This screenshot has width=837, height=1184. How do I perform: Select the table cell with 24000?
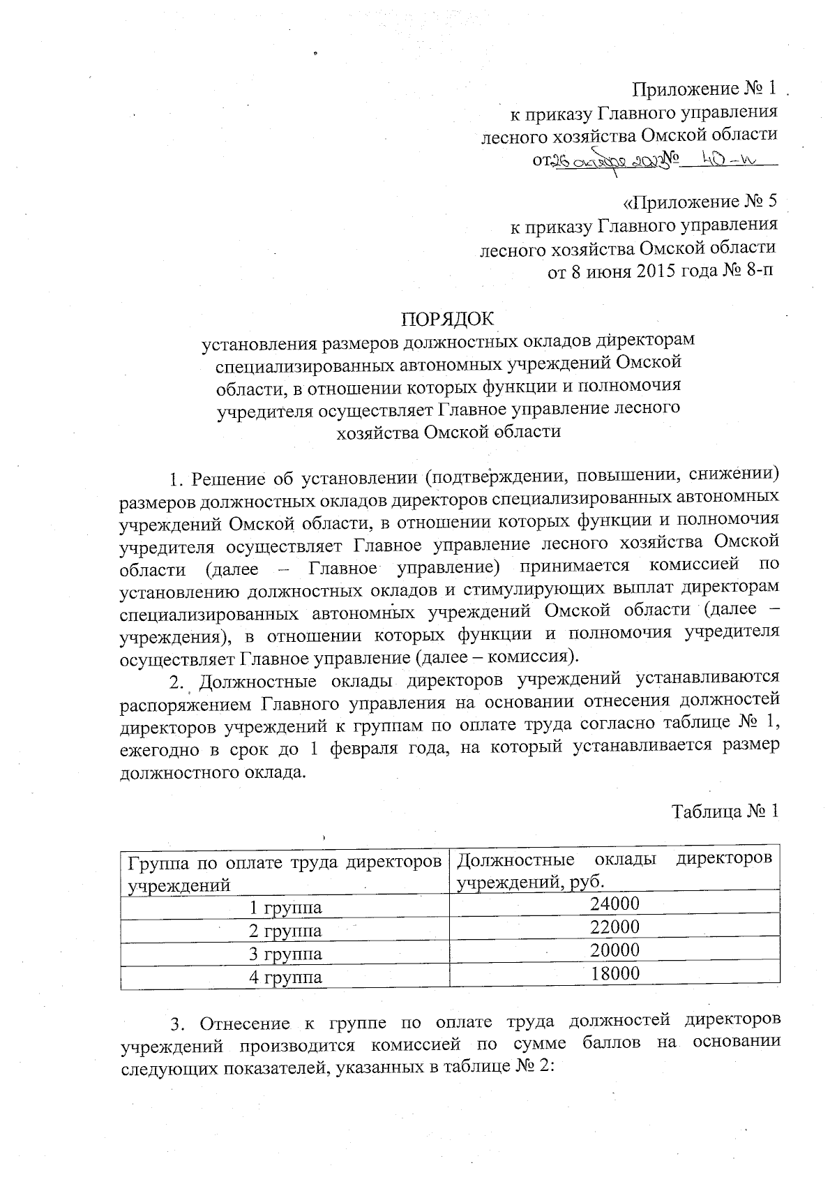614,904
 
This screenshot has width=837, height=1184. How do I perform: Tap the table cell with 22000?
614,927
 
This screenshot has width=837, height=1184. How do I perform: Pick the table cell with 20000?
614,950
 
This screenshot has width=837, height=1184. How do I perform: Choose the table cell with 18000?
614,974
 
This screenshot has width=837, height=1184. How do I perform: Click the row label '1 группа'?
286,908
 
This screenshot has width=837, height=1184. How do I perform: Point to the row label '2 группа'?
286,931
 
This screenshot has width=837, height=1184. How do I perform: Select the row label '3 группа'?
286,954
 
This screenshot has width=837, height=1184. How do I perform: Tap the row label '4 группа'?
286,977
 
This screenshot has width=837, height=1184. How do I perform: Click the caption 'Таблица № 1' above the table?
725,811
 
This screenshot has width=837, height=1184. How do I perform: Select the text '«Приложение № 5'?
700,202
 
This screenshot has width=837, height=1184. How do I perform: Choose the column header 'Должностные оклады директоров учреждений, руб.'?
614,869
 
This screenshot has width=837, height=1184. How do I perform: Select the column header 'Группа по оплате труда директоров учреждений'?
285,873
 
